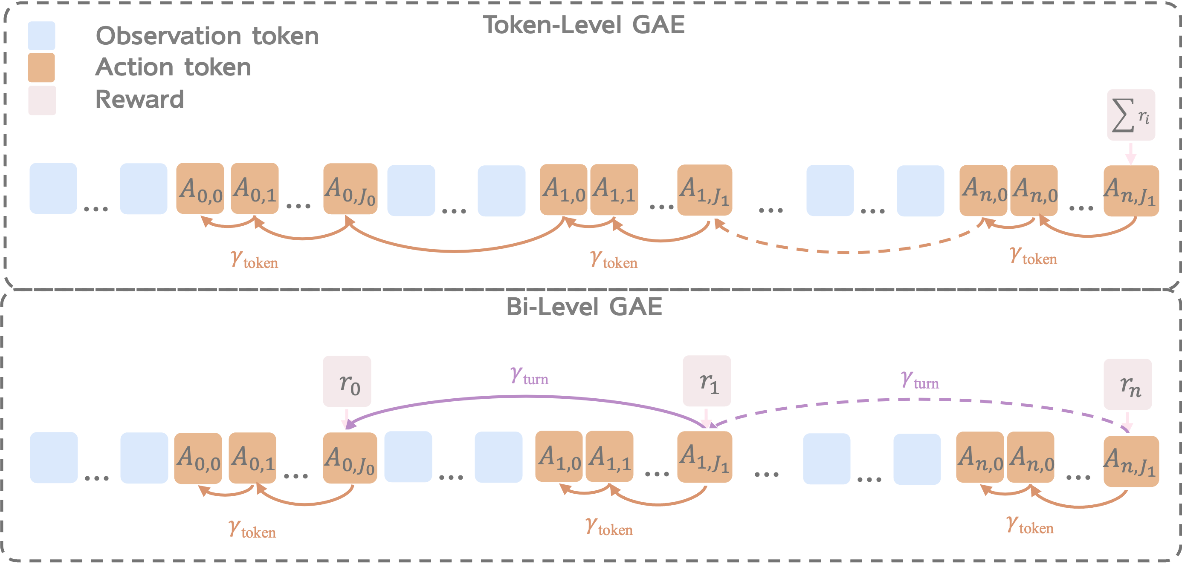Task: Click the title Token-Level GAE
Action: tap(584, 25)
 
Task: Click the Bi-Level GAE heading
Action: tap(584, 306)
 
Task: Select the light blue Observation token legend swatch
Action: tap(41, 35)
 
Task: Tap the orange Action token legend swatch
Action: tap(41, 67)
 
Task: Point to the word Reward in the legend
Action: tap(139, 99)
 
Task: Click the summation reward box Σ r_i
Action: tap(1130, 115)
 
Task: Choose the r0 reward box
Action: tap(347, 382)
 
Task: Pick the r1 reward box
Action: tap(707, 380)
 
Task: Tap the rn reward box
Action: tap(1127, 384)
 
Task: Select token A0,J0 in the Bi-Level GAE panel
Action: tap(350, 458)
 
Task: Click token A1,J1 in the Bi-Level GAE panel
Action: tap(704, 458)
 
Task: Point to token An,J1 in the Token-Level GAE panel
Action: tap(1131, 190)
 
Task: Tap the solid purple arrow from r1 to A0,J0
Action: tap(528, 397)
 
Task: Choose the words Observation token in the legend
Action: tap(207, 36)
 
